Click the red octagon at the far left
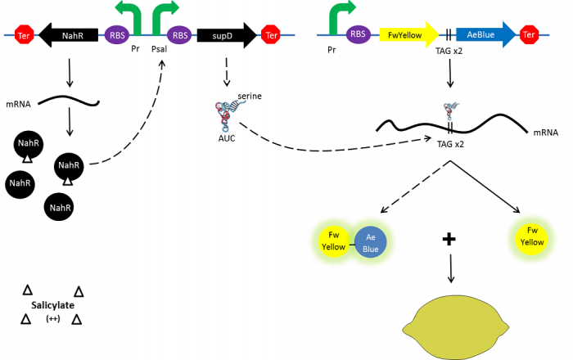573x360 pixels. pos(25,34)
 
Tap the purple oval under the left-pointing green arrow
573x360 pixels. pos(117,34)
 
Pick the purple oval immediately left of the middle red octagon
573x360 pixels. pos(179,34)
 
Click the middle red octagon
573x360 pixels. pos(270,34)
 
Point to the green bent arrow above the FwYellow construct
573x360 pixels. pos(340,14)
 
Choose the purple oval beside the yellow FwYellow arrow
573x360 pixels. pos(358,34)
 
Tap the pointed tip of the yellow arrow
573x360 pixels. pos(439,34)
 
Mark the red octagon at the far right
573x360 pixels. pos(530,34)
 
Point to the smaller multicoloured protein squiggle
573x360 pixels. pos(451,110)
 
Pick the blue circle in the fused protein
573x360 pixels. pos(371,241)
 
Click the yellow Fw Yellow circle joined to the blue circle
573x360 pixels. pos(333,241)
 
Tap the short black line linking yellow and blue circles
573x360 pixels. pos(352,243)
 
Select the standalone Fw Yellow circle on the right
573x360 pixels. pos(532,237)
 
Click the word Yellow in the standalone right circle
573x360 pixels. pos(532,243)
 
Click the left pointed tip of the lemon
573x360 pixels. pos(404,330)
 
